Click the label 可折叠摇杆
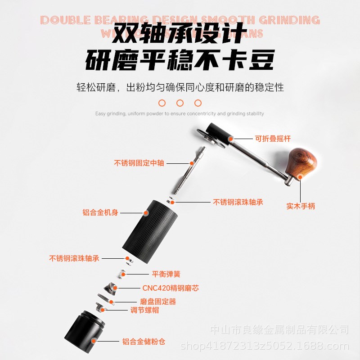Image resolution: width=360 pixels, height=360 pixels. [x=271, y=139]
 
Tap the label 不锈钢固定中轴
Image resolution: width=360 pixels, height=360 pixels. [x=132, y=163]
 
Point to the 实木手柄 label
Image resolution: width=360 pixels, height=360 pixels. [x=301, y=207]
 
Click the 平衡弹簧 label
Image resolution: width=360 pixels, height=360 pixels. [x=166, y=274]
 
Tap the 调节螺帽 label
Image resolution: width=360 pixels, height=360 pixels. [x=144, y=310]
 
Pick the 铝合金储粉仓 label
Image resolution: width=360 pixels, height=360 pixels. [x=144, y=342]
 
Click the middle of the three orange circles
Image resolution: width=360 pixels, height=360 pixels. [x=180, y=103]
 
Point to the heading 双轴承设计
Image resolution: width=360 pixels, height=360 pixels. [x=180, y=33]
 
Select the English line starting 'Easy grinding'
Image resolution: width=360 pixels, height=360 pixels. [x=180, y=114]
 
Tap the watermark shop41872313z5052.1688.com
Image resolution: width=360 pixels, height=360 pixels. [x=265, y=346]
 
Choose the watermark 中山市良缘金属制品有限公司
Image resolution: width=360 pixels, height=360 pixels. [x=279, y=330]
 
